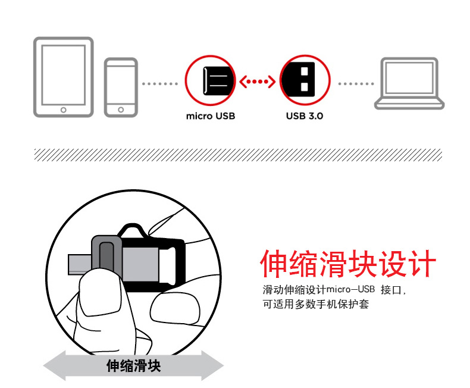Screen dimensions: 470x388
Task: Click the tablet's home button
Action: point(63,109)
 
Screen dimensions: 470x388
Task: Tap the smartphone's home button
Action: point(121,109)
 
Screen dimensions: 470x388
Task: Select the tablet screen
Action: point(63,75)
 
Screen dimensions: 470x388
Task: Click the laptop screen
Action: point(409,78)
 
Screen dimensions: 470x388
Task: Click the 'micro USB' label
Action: point(211,116)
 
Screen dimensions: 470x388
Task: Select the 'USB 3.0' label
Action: point(305,116)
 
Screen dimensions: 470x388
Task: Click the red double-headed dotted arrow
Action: point(258,82)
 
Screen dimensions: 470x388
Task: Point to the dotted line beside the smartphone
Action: point(160,84)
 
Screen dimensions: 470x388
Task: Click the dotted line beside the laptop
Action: point(356,84)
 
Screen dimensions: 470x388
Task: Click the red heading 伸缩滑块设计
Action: point(348,264)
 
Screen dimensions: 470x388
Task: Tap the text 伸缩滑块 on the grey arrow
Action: point(134,366)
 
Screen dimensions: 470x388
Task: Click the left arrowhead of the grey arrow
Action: point(55,365)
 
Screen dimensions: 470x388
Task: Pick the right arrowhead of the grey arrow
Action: point(212,365)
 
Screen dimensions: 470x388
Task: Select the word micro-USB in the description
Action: point(350,289)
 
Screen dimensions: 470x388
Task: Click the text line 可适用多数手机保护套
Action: point(316,304)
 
